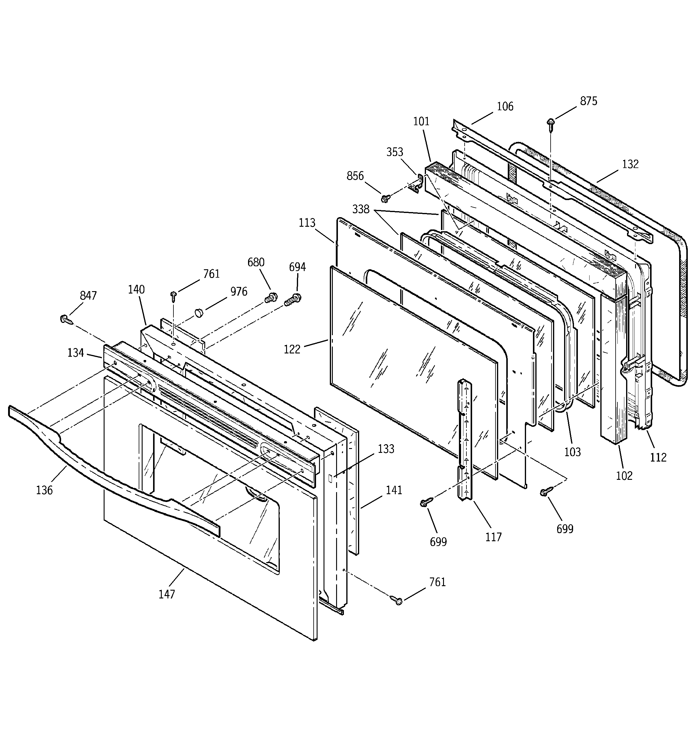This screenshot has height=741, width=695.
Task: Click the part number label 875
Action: coord(588,101)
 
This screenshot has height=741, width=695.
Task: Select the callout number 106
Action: coord(505,107)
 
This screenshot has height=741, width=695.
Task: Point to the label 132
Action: coord(630,164)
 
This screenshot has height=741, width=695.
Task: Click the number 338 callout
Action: coord(361,209)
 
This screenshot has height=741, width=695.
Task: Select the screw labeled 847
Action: coord(65,319)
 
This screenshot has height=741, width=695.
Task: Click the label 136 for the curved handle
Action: coord(44,490)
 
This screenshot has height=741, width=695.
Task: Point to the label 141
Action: coord(394,490)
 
